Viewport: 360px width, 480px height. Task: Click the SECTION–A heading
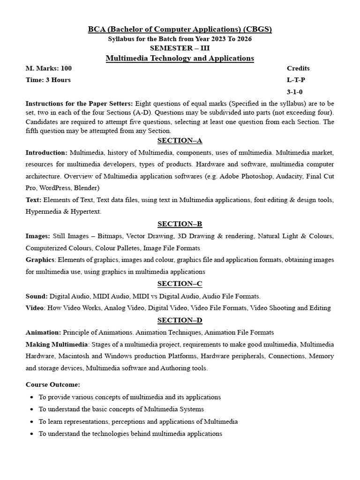click(180, 141)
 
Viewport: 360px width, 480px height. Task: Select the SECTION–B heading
click(180, 224)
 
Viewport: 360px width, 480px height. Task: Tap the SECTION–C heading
click(180, 284)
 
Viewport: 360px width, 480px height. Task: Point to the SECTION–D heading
click(180, 320)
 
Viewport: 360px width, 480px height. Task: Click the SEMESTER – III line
click(180, 48)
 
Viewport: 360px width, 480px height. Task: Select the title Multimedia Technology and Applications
click(180, 58)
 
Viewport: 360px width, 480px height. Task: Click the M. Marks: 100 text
click(49, 68)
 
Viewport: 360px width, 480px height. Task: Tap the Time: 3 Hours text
click(48, 80)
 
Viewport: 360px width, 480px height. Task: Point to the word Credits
click(298, 68)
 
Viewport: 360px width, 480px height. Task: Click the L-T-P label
click(296, 80)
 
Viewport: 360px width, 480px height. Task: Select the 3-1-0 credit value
click(295, 92)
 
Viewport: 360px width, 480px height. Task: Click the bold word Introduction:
click(46, 153)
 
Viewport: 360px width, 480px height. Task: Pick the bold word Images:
click(37, 236)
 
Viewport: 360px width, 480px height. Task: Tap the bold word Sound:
click(37, 296)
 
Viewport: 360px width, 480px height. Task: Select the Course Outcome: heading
click(53, 384)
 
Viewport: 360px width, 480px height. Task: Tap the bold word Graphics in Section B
click(40, 260)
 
